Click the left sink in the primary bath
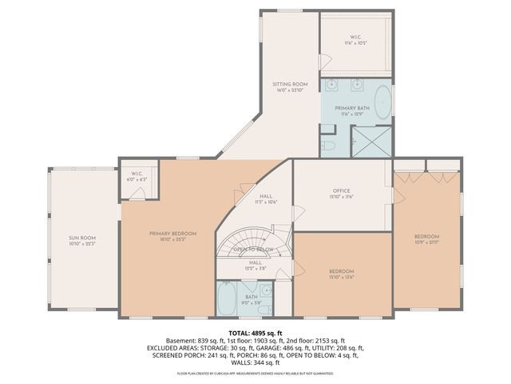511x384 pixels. click(x=334, y=86)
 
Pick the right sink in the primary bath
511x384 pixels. click(x=358, y=86)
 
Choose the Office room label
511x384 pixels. click(x=342, y=191)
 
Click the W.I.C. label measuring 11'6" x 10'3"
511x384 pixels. click(x=356, y=38)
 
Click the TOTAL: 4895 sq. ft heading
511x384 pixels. click(x=255, y=333)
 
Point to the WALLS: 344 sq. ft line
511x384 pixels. click(x=255, y=362)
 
